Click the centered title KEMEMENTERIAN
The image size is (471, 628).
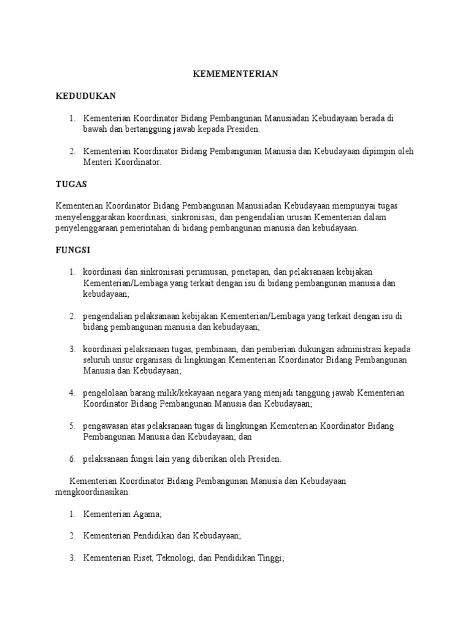pos(235,74)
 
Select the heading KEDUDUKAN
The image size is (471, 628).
pos(86,96)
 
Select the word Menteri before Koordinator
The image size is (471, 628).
pos(98,163)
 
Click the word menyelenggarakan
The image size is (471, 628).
pos(91,217)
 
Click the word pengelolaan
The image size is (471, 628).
pos(107,393)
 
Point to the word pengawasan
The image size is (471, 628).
pos(105,426)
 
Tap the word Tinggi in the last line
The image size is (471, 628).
pos(272,559)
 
